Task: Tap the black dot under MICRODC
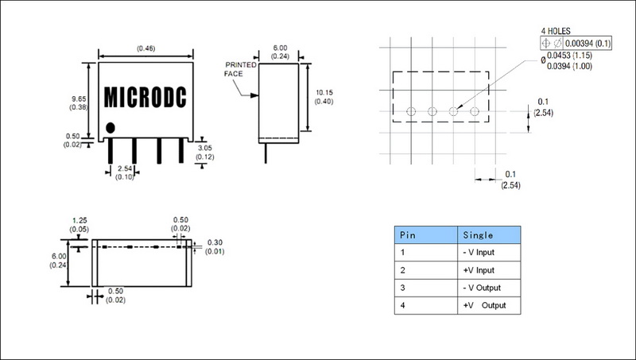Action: coord(111,126)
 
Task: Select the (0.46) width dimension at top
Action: coord(145,48)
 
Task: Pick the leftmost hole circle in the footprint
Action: coord(411,112)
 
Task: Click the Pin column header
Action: coord(407,235)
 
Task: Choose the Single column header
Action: coord(479,235)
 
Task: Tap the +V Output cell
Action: coord(484,305)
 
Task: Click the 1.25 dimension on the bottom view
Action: coord(79,223)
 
